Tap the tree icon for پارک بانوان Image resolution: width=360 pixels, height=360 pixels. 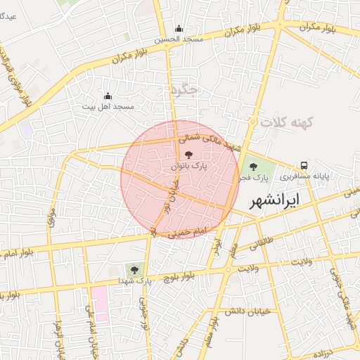[x=188, y=154]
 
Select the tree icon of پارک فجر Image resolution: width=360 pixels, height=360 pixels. [x=253, y=167]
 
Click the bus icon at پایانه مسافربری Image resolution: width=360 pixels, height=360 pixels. [x=304, y=165]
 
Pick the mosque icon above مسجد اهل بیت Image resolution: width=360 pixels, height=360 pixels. [x=108, y=96]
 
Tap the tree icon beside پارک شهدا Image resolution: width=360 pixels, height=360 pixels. [x=133, y=269]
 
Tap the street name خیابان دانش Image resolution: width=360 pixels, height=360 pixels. [x=246, y=311]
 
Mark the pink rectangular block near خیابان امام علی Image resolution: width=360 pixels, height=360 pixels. [x=99, y=304]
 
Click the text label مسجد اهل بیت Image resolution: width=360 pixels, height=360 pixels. [x=108, y=106]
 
